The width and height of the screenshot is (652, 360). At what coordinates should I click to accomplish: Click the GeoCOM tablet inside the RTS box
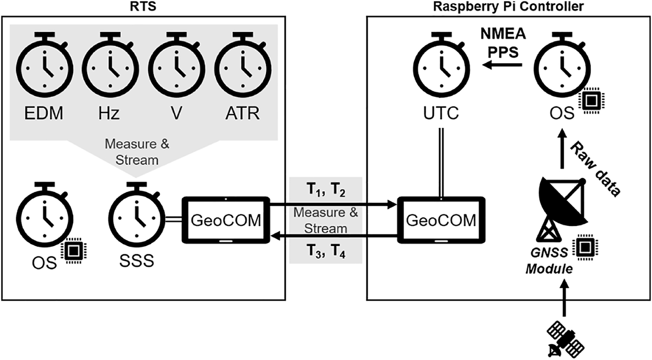coord(226,220)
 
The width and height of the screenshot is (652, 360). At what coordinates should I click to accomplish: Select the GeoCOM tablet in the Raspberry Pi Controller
coord(441,220)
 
